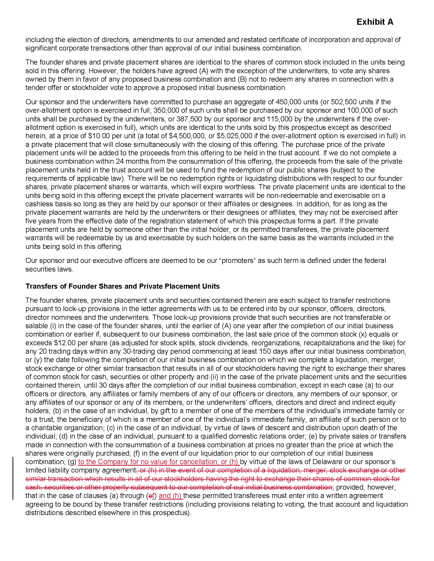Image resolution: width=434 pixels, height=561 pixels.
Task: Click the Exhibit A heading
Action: (375, 22)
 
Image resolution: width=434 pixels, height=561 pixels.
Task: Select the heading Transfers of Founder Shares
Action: (122, 286)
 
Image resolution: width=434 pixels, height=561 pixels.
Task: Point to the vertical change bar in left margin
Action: (13, 478)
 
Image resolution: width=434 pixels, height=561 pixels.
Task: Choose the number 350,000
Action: (165, 110)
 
